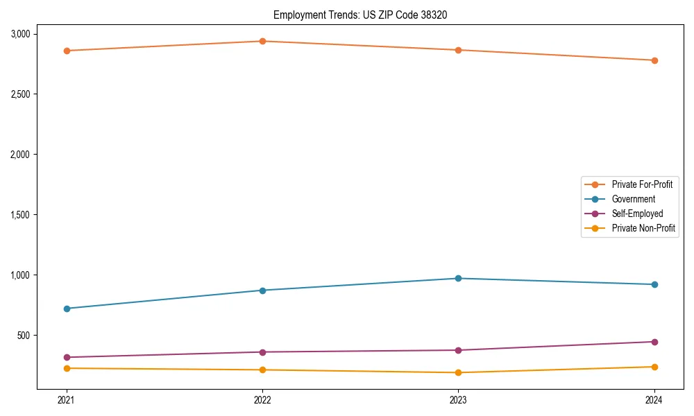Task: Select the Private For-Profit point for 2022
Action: point(262,41)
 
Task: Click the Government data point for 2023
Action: point(458,278)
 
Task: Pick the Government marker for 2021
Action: point(67,309)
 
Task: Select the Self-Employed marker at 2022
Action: point(262,352)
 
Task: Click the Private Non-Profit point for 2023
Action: point(458,373)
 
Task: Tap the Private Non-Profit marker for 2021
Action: point(67,368)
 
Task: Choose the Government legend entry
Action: point(633,199)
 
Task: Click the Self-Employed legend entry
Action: point(637,214)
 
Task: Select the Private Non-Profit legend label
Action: point(643,228)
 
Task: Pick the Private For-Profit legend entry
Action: point(641,184)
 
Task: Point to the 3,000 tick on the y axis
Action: point(20,34)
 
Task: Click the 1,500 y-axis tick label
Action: point(20,215)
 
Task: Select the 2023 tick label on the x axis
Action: point(458,400)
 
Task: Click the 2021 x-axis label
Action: point(67,400)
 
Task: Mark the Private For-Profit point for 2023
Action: point(458,50)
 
